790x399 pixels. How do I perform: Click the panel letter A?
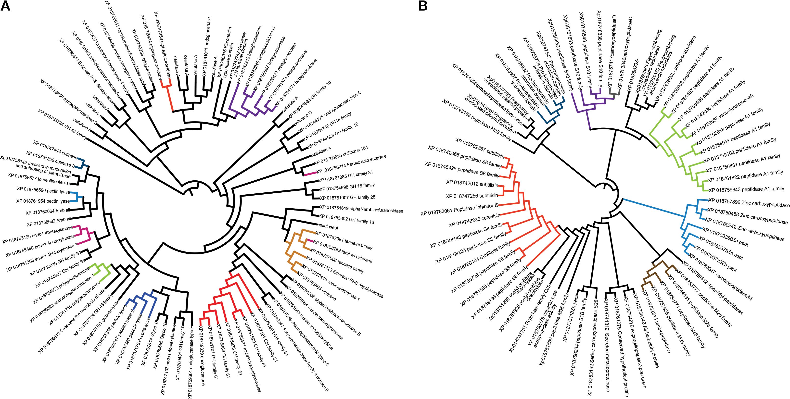[6, 6]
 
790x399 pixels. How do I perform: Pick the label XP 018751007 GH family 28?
[347, 197]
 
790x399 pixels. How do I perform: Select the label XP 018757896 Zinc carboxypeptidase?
[748, 203]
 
